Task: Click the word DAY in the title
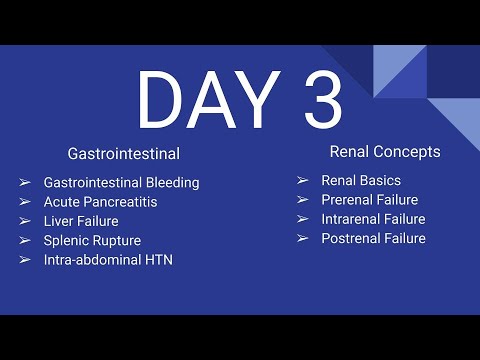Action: [205, 100]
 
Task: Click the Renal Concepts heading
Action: [385, 152]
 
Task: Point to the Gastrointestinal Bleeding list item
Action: [121, 183]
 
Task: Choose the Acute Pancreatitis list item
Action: [100, 202]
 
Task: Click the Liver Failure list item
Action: [81, 221]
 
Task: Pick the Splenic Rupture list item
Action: [92, 241]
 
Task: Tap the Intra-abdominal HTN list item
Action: [108, 260]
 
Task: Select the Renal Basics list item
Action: [361, 181]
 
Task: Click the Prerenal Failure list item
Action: [369, 200]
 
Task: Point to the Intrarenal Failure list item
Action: [373, 219]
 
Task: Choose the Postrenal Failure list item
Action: [373, 239]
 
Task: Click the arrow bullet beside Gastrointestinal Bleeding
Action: [24, 183]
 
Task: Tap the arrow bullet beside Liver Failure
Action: [24, 221]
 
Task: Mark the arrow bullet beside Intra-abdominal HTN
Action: [24, 260]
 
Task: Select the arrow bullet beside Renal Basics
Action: [302, 181]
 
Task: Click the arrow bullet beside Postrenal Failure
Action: [302, 239]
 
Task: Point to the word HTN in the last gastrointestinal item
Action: [158, 260]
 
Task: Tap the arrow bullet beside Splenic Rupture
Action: [24, 241]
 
